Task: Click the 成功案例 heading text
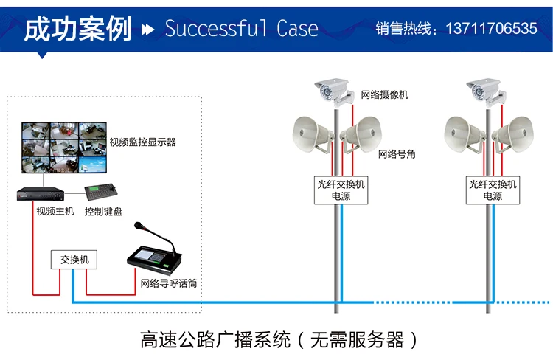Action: click(77, 28)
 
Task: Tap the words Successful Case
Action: click(241, 29)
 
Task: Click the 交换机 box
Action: click(74, 260)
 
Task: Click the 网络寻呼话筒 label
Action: click(170, 283)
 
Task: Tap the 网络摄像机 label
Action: click(384, 95)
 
